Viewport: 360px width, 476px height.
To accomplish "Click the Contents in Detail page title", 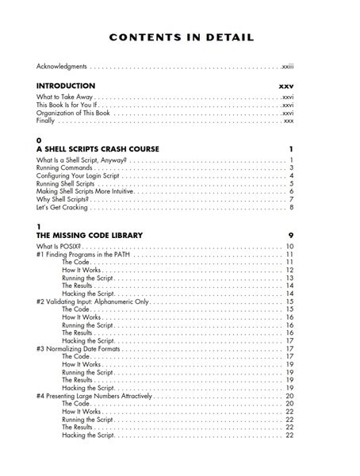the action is [x=182, y=36].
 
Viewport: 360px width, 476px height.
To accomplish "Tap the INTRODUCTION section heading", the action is [x=66, y=86].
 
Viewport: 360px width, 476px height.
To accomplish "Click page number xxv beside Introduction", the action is [x=286, y=86].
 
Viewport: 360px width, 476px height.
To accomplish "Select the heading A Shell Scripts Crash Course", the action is [x=98, y=149].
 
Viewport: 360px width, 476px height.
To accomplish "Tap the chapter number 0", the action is [x=39, y=140].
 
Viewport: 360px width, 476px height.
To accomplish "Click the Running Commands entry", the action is [x=65, y=168].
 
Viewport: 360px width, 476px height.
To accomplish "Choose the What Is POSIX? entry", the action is [x=59, y=247].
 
